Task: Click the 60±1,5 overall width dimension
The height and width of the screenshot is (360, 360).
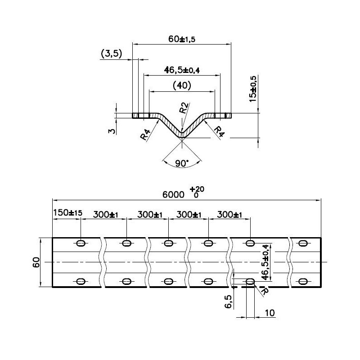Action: coord(182,39)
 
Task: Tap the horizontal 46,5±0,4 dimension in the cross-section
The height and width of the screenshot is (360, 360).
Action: coord(182,70)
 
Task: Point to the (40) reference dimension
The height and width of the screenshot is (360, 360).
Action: coord(182,85)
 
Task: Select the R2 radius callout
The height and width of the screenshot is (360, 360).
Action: coord(183,108)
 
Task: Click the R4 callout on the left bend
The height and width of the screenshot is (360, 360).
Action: coord(145,135)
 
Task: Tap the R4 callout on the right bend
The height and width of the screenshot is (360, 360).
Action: coord(219,131)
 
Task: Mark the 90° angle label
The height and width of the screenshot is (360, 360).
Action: coord(181,164)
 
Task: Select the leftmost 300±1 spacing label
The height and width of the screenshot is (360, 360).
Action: coord(106,215)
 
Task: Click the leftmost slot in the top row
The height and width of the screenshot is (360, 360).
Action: coord(81,243)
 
